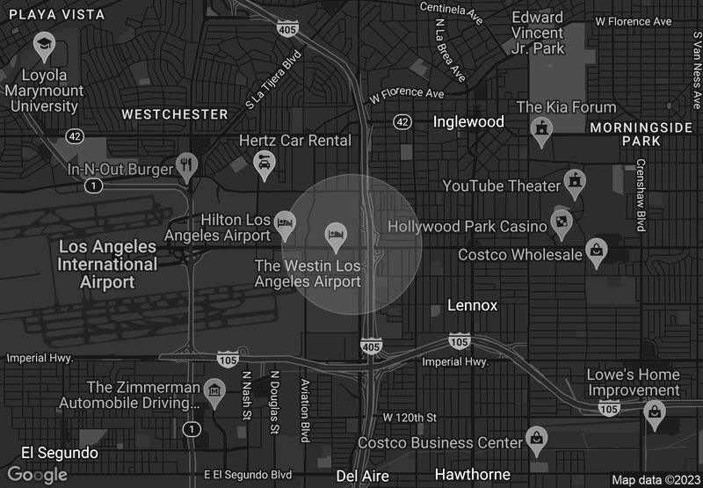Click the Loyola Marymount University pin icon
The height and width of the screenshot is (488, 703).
tap(43, 44)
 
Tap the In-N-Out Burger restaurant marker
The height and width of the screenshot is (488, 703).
tap(185, 164)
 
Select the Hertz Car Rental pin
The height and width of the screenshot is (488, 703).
tap(264, 162)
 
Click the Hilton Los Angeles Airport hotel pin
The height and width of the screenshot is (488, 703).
tap(285, 222)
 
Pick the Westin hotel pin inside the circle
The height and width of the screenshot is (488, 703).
tap(335, 234)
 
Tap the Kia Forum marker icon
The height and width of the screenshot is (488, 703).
tap(541, 129)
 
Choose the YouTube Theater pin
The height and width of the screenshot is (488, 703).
tap(576, 182)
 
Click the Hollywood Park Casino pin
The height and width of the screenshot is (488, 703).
tap(562, 221)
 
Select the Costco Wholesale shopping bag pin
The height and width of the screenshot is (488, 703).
tap(598, 251)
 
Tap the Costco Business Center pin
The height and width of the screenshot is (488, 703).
tap(535, 437)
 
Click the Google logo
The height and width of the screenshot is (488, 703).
tap(38, 475)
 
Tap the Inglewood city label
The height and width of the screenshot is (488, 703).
tap(468, 121)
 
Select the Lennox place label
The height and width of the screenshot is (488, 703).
tap(472, 306)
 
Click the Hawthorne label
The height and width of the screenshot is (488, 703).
tap(472, 475)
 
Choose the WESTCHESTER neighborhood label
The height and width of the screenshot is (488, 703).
tap(175, 114)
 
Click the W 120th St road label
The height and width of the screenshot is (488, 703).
tap(409, 416)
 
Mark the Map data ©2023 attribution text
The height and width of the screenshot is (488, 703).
tap(655, 480)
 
